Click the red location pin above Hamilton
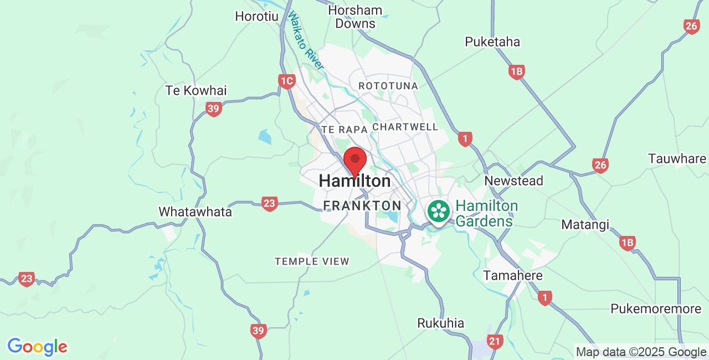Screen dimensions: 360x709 point(355,160)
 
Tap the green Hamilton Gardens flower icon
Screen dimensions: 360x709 point(439,212)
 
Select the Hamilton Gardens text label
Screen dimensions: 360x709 point(487,214)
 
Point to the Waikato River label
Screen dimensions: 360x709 point(305,41)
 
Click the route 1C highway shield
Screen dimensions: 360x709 point(286,82)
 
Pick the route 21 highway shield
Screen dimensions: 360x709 point(495,342)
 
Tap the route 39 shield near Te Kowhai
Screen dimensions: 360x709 point(213,109)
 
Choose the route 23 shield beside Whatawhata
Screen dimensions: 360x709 point(269,204)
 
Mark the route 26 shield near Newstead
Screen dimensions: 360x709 point(600,165)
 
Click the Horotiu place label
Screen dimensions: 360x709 point(256,16)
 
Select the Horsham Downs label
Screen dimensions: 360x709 point(356,17)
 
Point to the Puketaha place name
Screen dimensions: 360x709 point(492,42)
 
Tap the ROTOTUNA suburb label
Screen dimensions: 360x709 point(388,86)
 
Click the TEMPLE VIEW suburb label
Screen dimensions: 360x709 point(312,261)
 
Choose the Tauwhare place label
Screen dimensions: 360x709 point(677,158)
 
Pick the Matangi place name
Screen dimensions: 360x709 point(585,224)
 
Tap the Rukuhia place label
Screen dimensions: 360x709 point(441,323)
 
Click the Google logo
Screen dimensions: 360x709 point(37,347)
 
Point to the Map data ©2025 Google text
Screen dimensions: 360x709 point(641,352)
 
